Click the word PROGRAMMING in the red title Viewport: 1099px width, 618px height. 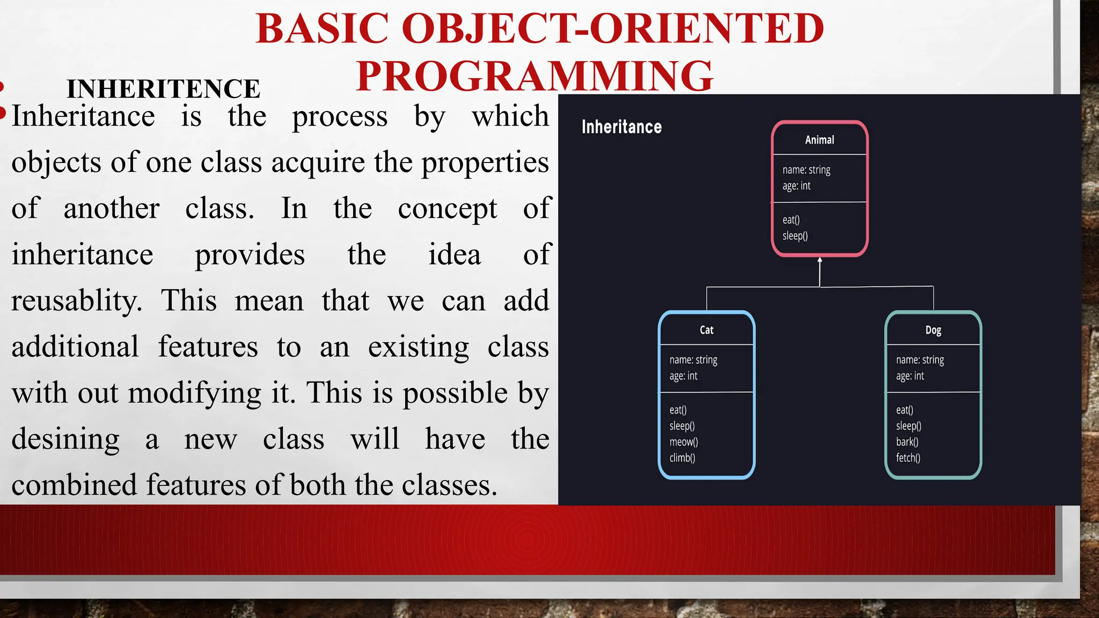click(534, 76)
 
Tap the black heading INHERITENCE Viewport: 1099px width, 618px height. click(163, 89)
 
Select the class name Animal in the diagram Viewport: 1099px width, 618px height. click(819, 140)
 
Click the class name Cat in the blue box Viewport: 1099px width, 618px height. click(706, 330)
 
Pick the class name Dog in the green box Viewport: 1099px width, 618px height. click(933, 330)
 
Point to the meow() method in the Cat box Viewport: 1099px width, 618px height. click(684, 442)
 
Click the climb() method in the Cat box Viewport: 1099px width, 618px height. click(682, 458)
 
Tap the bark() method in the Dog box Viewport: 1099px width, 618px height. click(907, 442)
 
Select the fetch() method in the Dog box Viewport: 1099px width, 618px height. click(908, 458)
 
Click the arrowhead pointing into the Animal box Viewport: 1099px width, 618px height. click(820, 260)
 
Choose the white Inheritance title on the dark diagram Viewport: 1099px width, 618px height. click(621, 127)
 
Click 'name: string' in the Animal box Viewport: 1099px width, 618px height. click(806, 170)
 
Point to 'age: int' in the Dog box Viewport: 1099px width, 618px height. click(910, 376)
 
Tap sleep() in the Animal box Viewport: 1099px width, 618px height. click(795, 236)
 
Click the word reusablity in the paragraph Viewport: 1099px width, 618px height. click(76, 300)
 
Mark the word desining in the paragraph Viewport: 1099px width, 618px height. click(65, 439)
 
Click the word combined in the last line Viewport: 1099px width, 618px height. click(74, 485)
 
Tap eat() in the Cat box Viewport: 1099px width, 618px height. click(678, 410)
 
